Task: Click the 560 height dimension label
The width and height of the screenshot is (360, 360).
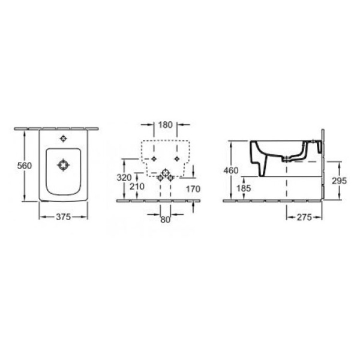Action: (22, 166)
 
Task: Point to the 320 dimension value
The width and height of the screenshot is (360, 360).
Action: (124, 178)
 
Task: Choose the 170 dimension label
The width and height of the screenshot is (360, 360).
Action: (193, 190)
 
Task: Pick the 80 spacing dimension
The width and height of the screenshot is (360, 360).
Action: (165, 220)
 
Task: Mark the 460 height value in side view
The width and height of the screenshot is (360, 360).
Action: (231, 170)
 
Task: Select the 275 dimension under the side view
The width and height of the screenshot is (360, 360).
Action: (304, 217)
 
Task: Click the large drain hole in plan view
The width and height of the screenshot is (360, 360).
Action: (63, 164)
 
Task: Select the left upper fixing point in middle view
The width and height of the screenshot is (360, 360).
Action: (154, 158)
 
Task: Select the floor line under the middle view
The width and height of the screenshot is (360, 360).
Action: (159, 200)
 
